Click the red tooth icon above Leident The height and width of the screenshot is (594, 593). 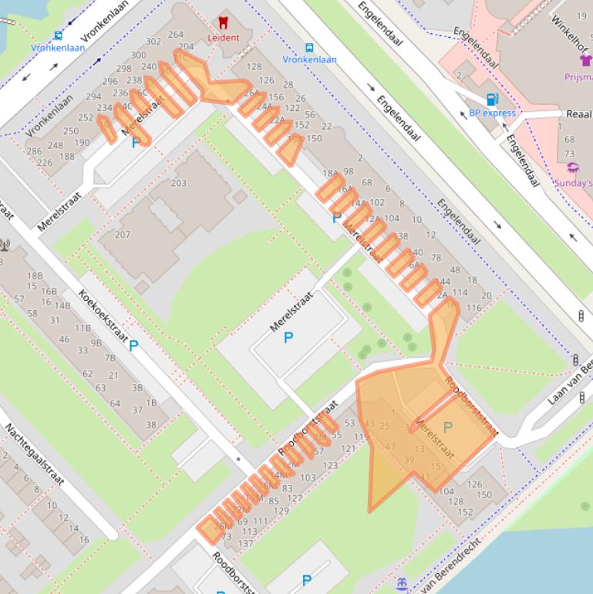pyautogui.click(x=224, y=23)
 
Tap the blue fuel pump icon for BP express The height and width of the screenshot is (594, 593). pyautogui.click(x=491, y=100)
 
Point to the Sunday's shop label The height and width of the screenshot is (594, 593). pyautogui.click(x=574, y=183)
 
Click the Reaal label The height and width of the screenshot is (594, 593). pyautogui.click(x=578, y=113)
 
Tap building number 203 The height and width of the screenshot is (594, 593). pyautogui.click(x=178, y=183)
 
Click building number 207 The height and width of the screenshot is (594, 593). pyautogui.click(x=122, y=235)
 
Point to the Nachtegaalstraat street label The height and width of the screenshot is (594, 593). pyautogui.click(x=35, y=456)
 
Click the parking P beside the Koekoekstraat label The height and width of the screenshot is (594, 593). pyautogui.click(x=133, y=346)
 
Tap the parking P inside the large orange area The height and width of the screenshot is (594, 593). pyautogui.click(x=447, y=427)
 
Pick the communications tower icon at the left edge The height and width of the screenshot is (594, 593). pyautogui.click(x=4, y=246)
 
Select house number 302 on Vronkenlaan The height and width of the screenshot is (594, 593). pyautogui.click(x=153, y=42)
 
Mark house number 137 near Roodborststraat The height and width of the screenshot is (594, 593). pyautogui.click(x=245, y=543)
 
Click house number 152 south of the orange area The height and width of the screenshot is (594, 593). pyautogui.click(x=465, y=512)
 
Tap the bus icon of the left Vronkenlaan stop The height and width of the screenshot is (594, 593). pyautogui.click(x=59, y=35)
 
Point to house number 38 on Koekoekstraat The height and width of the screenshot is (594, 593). pyautogui.click(x=151, y=424)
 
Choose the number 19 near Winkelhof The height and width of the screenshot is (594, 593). pyautogui.click(x=580, y=15)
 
